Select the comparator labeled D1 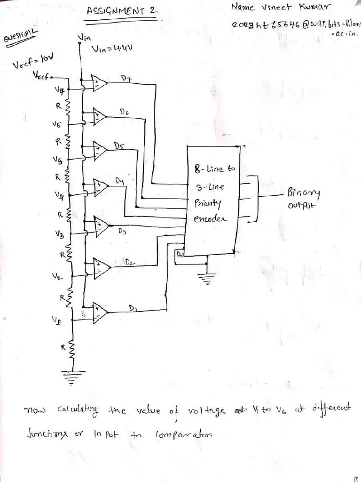click(100, 313)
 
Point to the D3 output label click(122, 231)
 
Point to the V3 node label click(60, 233)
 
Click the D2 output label click(129, 262)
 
